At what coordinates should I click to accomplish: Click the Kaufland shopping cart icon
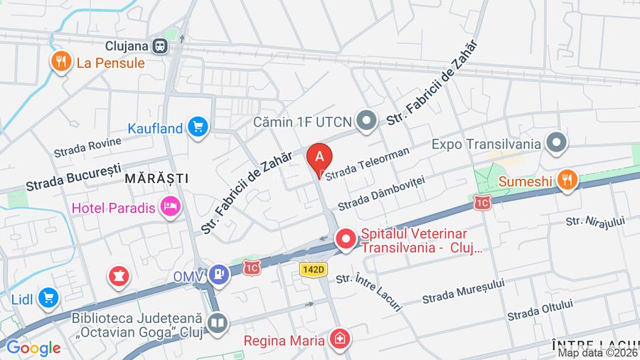198,128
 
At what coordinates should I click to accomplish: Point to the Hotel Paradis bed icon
171,208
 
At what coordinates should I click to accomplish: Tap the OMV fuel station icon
219,274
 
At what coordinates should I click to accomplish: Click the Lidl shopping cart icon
48,297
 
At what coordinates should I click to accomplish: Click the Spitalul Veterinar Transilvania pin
346,239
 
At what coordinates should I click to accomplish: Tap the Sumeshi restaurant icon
566,181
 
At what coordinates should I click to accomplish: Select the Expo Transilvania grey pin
556,143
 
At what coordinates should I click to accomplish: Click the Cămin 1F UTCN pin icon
367,122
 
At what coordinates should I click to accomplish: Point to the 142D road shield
312,269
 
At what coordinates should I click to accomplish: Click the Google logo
33,348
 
